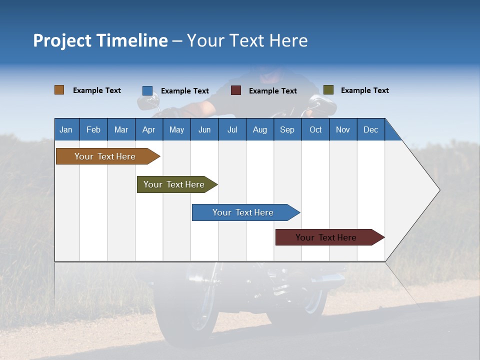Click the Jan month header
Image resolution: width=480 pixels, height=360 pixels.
point(66,129)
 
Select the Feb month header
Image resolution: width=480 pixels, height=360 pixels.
point(93,129)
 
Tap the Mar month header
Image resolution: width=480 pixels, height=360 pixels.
point(121,129)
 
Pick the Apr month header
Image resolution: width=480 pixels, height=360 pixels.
point(149,129)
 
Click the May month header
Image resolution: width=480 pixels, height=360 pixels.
point(176,129)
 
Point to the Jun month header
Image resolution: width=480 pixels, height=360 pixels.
point(204,129)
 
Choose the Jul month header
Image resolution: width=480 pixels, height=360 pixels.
point(232,129)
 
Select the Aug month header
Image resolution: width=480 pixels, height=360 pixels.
point(260,129)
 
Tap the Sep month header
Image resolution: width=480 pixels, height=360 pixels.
point(287,129)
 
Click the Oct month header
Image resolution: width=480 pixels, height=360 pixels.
point(315,129)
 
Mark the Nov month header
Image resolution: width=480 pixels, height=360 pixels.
point(343,129)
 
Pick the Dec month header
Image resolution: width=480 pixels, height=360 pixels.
point(371,129)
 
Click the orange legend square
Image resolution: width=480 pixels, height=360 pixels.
point(59,90)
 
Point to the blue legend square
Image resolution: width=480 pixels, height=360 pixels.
point(147,90)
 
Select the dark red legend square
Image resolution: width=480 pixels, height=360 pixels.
point(236,90)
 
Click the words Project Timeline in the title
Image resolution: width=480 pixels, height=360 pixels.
point(100,40)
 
